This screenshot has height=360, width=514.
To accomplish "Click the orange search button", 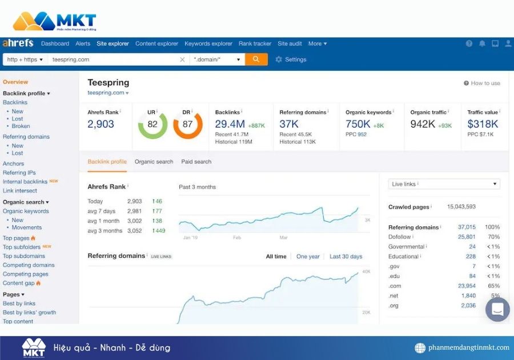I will [256, 59].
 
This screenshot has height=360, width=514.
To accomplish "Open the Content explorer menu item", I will [156, 43].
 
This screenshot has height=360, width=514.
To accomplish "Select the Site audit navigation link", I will [290, 43].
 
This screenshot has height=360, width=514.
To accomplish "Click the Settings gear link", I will [291, 59].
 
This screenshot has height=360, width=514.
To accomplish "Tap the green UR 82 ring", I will [152, 124].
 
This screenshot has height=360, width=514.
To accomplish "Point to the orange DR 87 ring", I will [187, 124].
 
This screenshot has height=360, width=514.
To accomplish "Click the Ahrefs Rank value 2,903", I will [101, 124].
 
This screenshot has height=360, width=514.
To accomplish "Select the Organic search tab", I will [154, 162].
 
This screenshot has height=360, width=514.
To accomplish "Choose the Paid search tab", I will [196, 162].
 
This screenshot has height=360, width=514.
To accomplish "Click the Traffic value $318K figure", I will [483, 124].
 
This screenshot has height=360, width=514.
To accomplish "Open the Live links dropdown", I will [444, 184].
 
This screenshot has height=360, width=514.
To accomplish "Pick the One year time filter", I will [308, 257].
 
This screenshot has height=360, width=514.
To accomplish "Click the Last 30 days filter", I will [346, 257].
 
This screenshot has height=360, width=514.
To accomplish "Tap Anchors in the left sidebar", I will [14, 163].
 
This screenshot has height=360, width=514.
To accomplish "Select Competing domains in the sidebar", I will [29, 265].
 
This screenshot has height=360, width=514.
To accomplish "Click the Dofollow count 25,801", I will [467, 237].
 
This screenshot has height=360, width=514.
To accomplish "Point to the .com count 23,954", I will [467, 286].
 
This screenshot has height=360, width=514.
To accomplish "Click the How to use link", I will [482, 83].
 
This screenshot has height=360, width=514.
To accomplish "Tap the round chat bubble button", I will [497, 310].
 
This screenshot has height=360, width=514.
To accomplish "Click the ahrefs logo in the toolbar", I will [18, 43].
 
